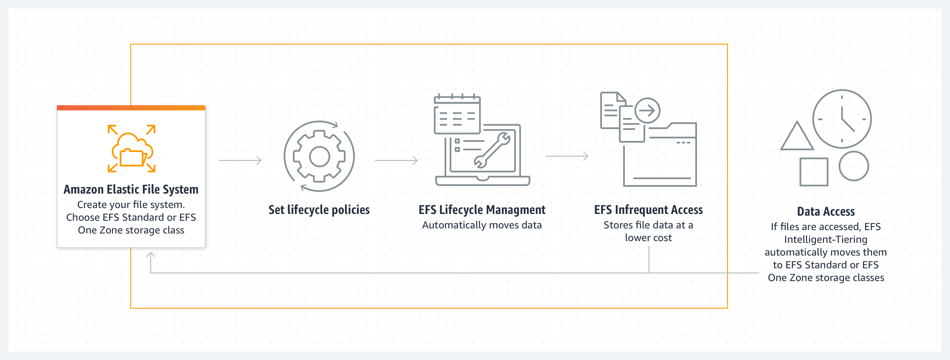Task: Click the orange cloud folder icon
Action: point(132,149)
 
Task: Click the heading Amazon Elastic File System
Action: point(131,189)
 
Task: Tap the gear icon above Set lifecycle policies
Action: point(319,157)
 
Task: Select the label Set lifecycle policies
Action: point(319,210)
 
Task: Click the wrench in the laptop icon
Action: point(492,150)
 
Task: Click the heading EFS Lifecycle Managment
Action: point(482,210)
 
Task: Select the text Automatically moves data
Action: point(482,225)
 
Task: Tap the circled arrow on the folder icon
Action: point(647,111)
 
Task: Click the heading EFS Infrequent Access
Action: point(648,210)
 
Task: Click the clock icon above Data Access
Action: point(842,119)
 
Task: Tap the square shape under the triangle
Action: point(813,172)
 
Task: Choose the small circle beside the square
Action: point(854,166)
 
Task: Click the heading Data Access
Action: point(826,211)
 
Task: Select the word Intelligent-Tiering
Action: point(826,239)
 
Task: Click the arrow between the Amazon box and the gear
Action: point(240,160)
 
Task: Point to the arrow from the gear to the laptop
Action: point(396,160)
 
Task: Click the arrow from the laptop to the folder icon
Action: point(567,156)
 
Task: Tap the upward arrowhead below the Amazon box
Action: point(151,255)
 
